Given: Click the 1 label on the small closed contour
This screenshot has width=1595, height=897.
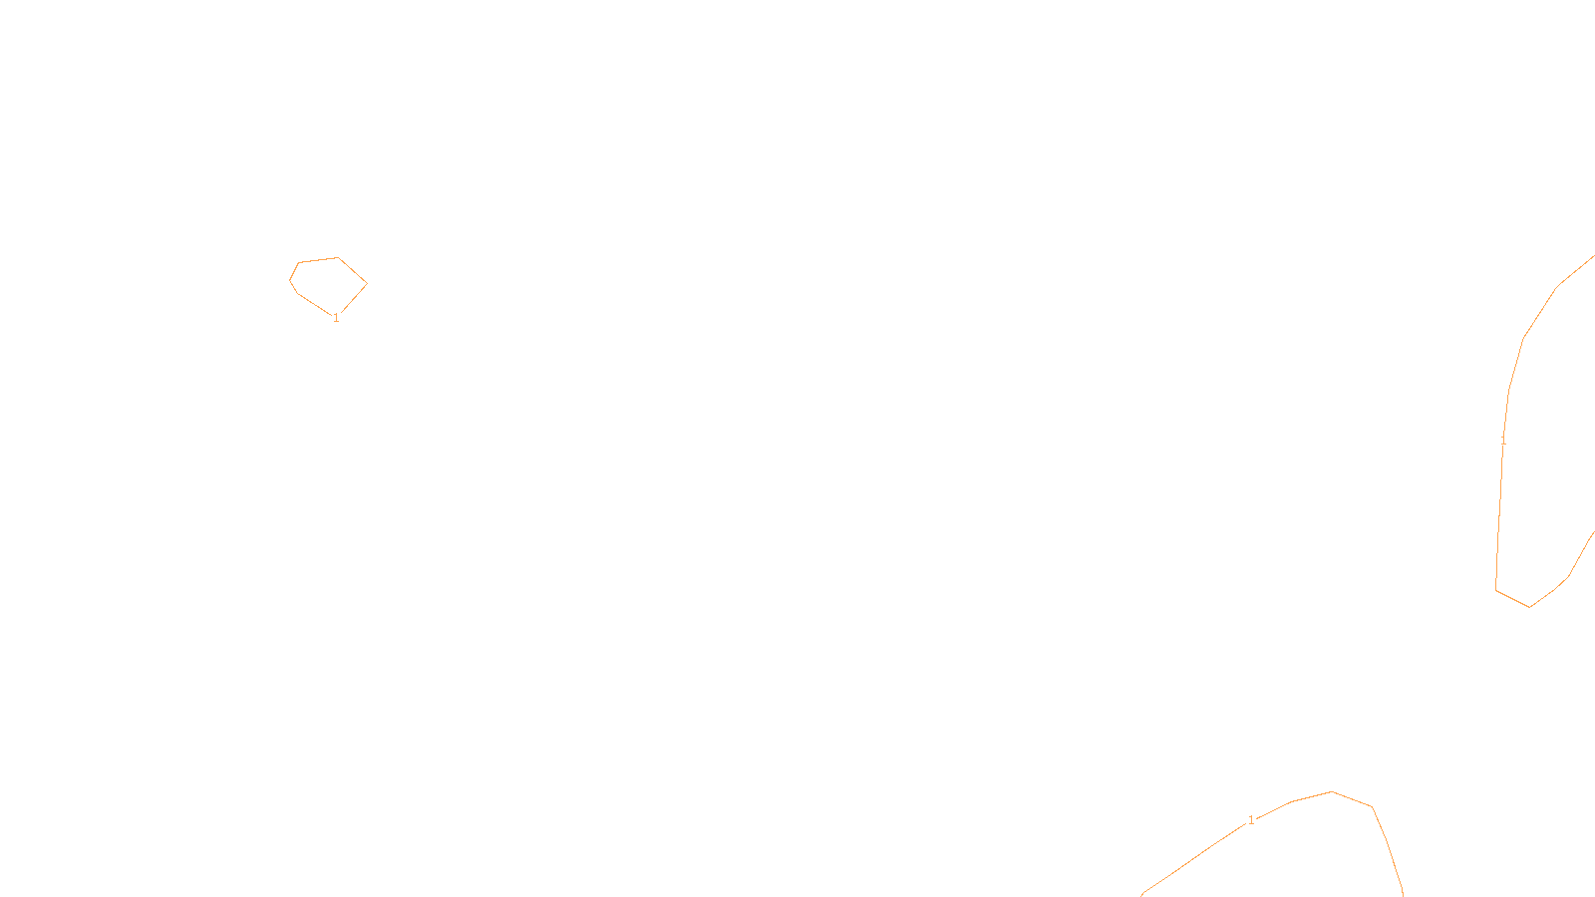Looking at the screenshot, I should [336, 318].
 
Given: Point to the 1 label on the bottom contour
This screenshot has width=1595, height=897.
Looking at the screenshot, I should [1251, 820].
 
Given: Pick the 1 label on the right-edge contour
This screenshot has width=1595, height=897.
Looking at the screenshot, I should [1503, 440].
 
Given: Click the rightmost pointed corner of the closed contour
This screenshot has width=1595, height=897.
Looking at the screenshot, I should [367, 283].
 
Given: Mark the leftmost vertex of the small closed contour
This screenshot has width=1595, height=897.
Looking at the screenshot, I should [290, 280].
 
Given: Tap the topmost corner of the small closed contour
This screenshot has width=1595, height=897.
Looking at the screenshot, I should [338, 257].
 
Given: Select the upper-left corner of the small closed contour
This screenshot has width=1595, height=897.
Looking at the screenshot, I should [299, 262].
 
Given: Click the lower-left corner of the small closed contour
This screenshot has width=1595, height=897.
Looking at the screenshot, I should [297, 293].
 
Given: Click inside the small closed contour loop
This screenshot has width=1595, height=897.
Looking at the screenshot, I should [329, 284].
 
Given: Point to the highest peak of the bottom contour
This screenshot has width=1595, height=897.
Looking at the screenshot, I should [1332, 791].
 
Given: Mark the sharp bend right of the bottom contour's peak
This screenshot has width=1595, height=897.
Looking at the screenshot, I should [1373, 807].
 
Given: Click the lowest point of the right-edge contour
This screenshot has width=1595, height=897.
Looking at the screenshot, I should [1529, 607].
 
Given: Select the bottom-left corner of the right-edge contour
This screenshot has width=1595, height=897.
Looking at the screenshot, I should [1496, 590].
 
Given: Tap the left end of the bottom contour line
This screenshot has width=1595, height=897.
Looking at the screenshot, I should [1142, 894].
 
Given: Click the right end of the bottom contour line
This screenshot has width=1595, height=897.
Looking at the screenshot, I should [1403, 894].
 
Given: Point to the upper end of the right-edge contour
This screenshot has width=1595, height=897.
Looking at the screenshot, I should [1593, 257].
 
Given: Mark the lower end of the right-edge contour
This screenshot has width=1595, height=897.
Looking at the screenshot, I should [1593, 533].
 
